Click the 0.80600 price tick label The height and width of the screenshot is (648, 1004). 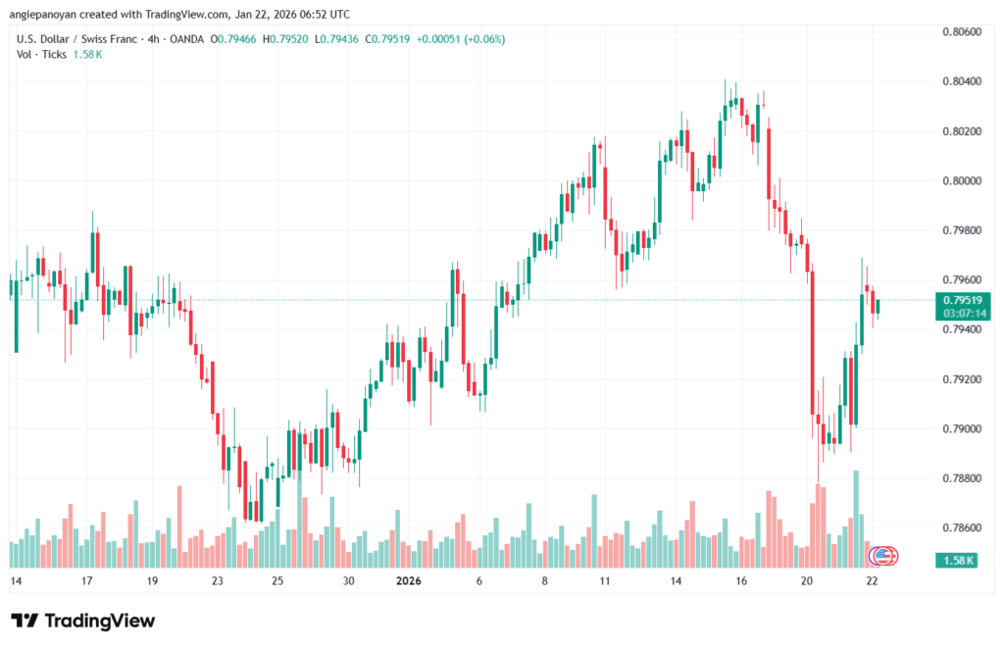click(x=961, y=31)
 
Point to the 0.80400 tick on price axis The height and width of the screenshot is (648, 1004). click(x=961, y=81)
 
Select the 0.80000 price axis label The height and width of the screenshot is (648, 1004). click(x=961, y=180)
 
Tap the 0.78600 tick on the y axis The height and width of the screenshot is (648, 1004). click(x=961, y=527)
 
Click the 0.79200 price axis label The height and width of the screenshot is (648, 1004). click(x=961, y=378)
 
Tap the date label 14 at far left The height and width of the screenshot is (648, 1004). click(x=16, y=581)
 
